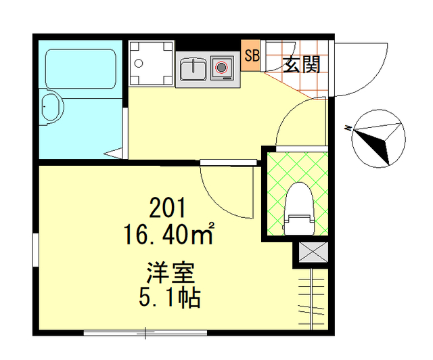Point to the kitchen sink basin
click(194, 69)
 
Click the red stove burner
click(221, 68)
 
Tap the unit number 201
click(166, 208)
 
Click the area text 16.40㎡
click(168, 235)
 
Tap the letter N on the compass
click(346, 127)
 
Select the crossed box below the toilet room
click(311, 252)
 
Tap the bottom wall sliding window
click(145, 332)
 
